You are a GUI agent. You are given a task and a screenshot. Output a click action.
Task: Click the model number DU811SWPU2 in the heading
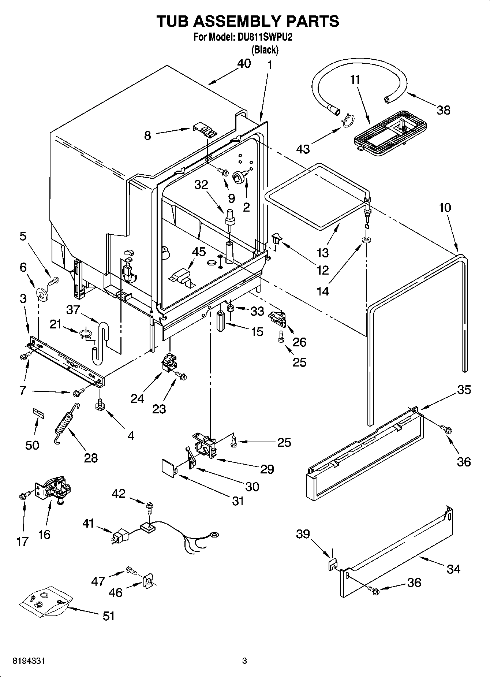[x=262, y=38]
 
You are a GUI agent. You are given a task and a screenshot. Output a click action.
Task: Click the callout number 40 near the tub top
[x=244, y=63]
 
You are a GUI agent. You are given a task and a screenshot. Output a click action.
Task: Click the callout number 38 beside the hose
[x=444, y=110]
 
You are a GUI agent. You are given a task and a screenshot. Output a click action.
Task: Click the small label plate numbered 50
[x=39, y=413]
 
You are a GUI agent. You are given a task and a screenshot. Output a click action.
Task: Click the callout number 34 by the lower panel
[x=453, y=569]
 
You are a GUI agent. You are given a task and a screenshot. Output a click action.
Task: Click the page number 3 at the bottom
[x=244, y=661]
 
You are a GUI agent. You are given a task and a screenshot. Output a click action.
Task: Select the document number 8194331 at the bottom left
[x=29, y=661]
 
